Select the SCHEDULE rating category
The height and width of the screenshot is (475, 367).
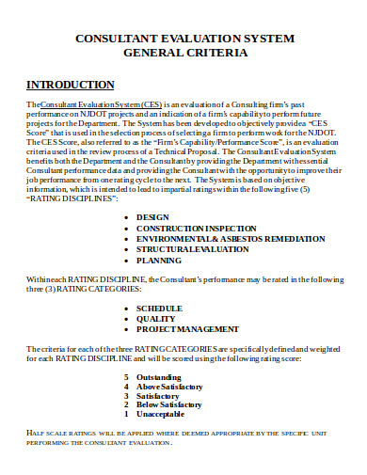pos(159,308)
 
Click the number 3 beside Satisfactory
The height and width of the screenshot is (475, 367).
pos(127,397)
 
